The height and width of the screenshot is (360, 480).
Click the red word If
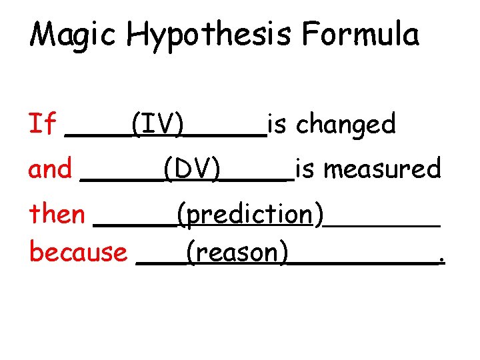coord(42,123)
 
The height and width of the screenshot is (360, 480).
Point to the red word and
coord(49,169)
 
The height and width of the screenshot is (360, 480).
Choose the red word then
coord(57,215)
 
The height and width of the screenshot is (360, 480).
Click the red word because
coord(78,252)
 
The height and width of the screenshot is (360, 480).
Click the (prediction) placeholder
coord(250,215)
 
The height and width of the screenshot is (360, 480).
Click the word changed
coord(345,123)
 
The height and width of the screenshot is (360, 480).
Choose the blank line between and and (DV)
coord(121,180)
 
